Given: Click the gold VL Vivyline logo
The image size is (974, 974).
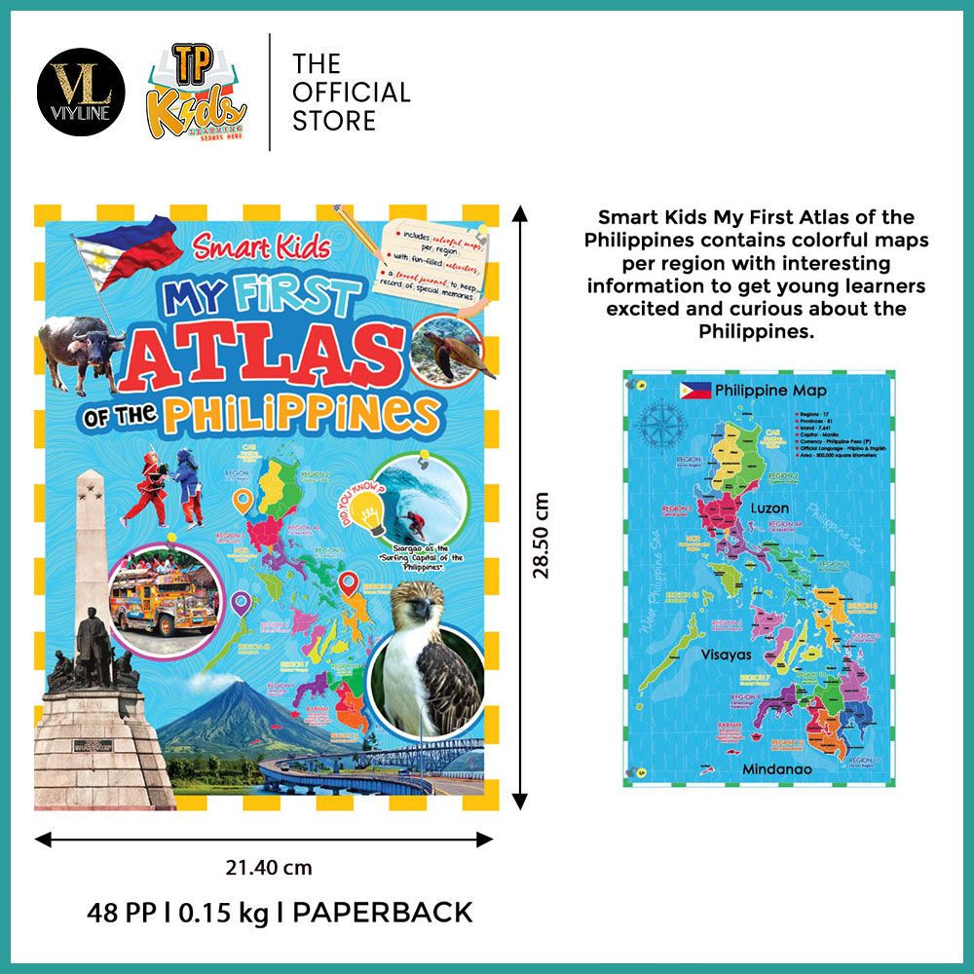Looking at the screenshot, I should [x=82, y=93].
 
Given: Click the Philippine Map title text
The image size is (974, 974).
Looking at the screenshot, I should [x=770, y=391].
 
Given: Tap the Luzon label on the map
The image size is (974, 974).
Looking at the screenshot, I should [x=769, y=508].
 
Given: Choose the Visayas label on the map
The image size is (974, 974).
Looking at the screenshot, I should [x=726, y=655].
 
